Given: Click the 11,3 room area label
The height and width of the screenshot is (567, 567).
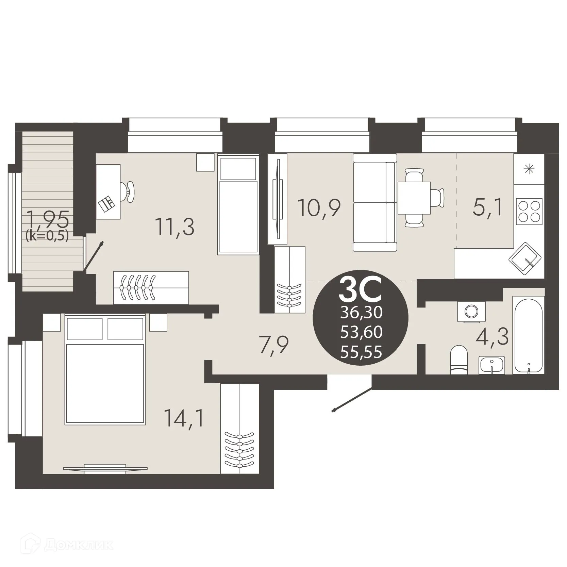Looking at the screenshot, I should (174, 227).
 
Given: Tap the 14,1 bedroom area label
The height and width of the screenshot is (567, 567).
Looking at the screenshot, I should (184, 418).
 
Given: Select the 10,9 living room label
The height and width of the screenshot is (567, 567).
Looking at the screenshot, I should (319, 208).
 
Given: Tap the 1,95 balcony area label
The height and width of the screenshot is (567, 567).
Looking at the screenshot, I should (48, 219).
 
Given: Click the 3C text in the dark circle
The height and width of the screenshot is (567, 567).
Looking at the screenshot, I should (361, 290).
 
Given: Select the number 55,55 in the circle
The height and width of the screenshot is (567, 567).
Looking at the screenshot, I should (361, 352).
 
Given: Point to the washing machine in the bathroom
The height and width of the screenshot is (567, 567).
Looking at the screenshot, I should (471, 312).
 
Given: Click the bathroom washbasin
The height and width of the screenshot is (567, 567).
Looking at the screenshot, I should (491, 365).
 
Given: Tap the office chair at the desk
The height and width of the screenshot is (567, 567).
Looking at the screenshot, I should (130, 191).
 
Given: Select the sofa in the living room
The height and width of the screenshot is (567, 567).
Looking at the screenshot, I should (375, 202).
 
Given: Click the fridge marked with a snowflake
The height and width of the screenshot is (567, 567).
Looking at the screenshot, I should (529, 169).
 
